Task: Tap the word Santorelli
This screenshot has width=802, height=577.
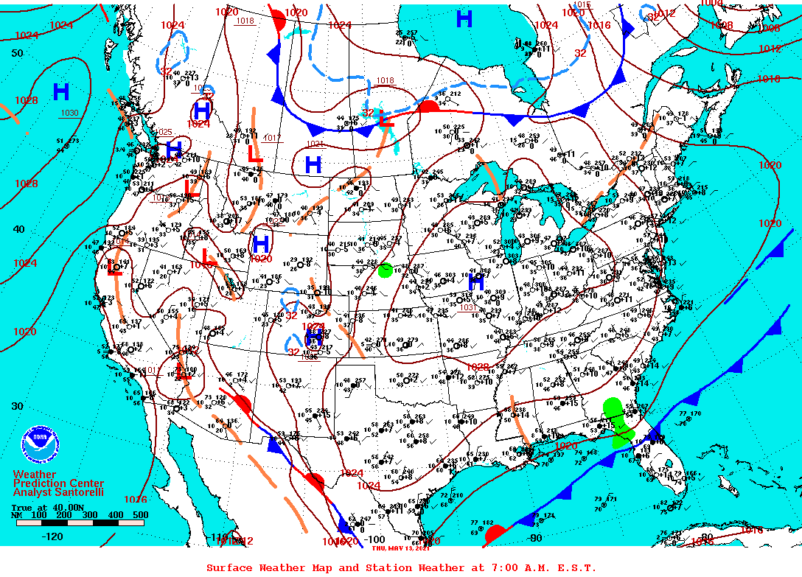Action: pos(80,492)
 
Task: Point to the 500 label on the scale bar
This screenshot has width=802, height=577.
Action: pos(140,514)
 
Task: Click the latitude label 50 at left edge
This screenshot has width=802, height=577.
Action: pos(18,53)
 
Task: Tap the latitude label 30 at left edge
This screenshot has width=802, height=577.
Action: pos(18,405)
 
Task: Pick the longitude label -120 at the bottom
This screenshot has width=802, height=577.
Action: pos(53,536)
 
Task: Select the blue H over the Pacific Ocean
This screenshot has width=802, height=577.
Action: pos(61,92)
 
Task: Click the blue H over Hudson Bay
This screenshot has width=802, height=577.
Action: pos(464,19)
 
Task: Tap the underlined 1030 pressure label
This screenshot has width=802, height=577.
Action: pos(69,113)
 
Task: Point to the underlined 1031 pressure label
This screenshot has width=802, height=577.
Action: pos(467,307)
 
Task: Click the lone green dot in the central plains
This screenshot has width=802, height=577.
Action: pos(385,270)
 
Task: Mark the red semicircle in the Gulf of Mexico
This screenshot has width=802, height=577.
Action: pos(495,534)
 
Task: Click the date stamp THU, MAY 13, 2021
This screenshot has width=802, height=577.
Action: pos(400,548)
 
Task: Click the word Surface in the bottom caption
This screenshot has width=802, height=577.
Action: pos(229,567)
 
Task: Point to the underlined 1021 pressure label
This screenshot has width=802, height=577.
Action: pos(315,144)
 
